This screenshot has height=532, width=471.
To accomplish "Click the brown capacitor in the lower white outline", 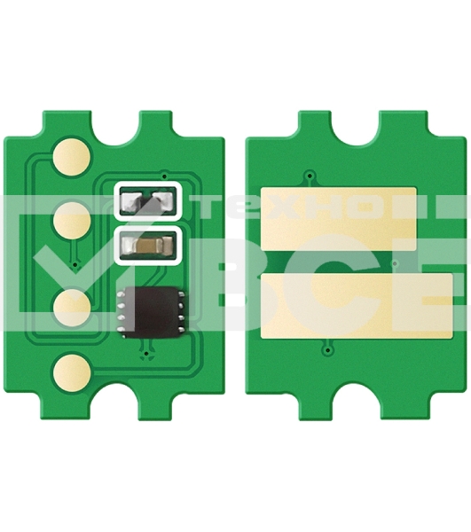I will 150,242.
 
